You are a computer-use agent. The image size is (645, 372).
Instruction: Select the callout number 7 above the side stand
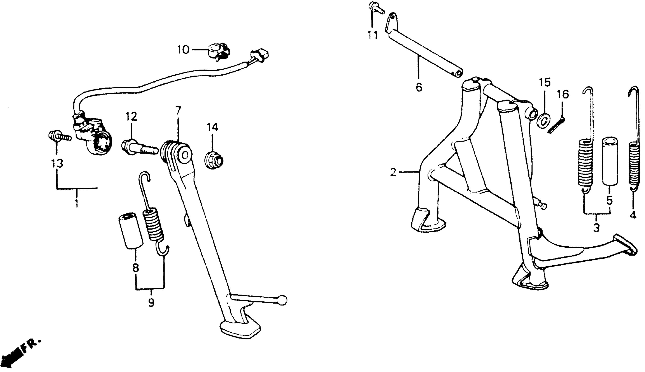(178, 111)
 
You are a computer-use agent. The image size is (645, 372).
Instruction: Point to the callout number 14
(212, 127)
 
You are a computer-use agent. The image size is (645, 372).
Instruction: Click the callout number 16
(563, 95)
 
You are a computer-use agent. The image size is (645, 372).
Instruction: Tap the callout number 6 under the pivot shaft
(419, 88)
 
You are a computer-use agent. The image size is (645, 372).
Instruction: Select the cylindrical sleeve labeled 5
(610, 161)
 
